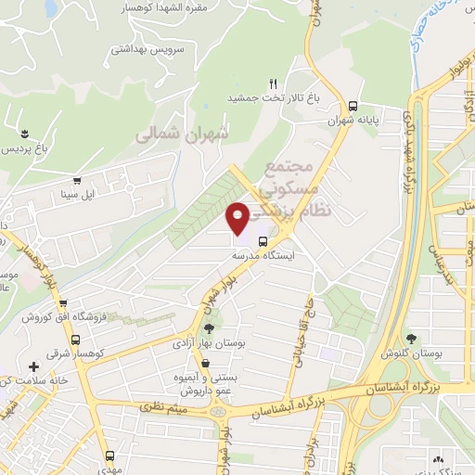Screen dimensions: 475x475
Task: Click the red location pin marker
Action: [238, 216]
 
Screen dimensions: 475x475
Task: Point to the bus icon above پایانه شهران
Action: [353, 105]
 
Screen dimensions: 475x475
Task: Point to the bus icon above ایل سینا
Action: [76, 181]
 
